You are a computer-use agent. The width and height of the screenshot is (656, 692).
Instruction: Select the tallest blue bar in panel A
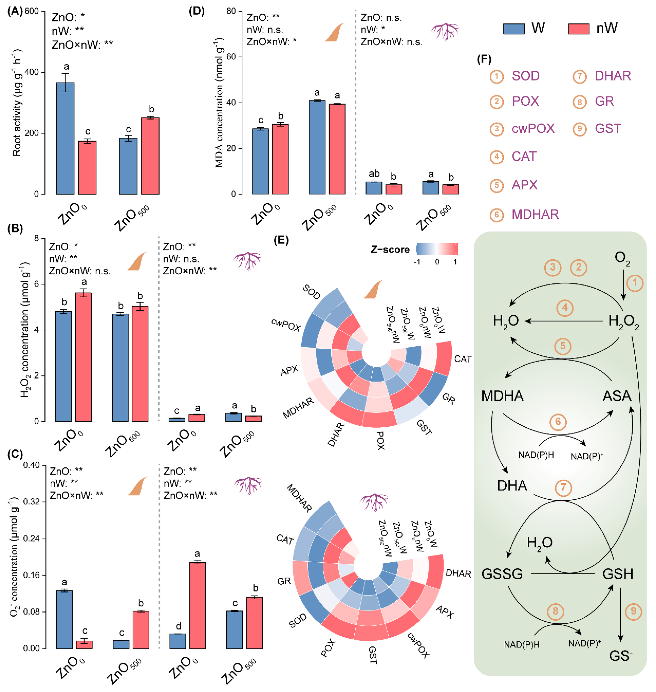click(65, 138)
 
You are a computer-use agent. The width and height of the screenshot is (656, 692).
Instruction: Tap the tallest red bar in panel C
click(198, 605)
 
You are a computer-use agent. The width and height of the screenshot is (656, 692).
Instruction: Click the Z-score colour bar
click(437, 249)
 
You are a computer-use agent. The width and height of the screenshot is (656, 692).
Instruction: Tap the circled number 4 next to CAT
click(496, 157)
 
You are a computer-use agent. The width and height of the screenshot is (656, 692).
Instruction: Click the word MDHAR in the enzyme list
click(535, 214)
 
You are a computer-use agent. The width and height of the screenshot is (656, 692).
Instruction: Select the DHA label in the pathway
click(512, 486)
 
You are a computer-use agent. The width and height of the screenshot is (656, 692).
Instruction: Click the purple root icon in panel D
click(445, 31)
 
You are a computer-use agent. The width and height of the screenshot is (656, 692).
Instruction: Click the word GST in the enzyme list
click(608, 129)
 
